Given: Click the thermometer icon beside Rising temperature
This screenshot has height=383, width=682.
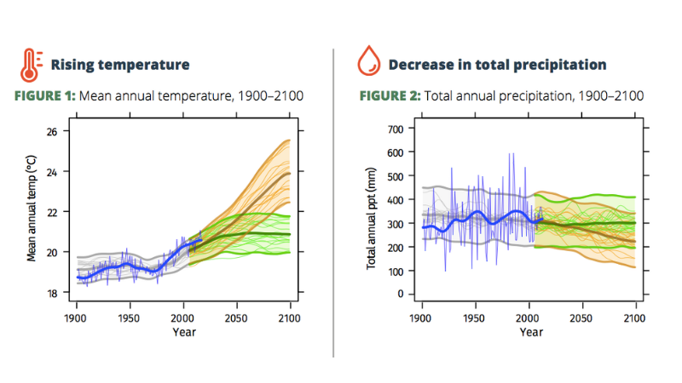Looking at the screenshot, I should coord(31,65).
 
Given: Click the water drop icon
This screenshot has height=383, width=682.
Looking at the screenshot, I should coord(367,64).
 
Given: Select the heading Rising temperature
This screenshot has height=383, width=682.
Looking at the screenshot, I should coord(119,65).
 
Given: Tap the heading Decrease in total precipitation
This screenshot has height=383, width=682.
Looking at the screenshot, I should coord(497,65).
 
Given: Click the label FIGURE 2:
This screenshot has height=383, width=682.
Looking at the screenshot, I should coord(389,95).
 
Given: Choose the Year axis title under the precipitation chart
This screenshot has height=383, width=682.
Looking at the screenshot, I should coord(530,333).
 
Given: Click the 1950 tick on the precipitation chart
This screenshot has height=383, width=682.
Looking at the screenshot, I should coord(476,317).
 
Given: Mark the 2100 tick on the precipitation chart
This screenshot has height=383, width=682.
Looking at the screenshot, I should coord(635,317).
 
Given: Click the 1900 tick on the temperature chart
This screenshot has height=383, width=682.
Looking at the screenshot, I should coord(77,317).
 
